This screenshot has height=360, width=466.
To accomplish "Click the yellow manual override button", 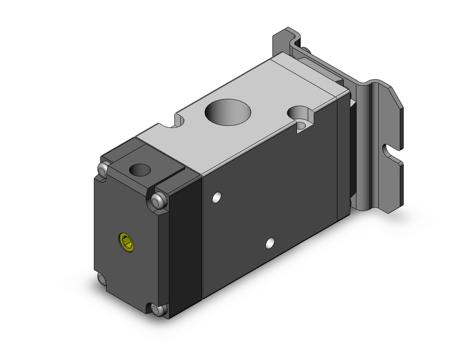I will point(126,242).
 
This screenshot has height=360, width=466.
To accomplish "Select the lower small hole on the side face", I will point(269,242).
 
